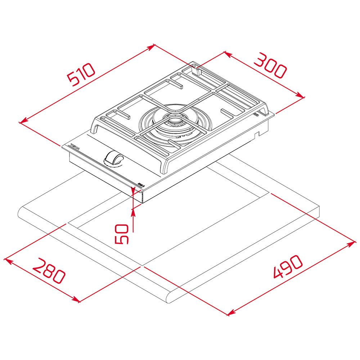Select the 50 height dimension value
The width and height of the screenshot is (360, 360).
pos(122,234)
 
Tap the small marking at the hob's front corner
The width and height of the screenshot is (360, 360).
pos(141,185)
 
